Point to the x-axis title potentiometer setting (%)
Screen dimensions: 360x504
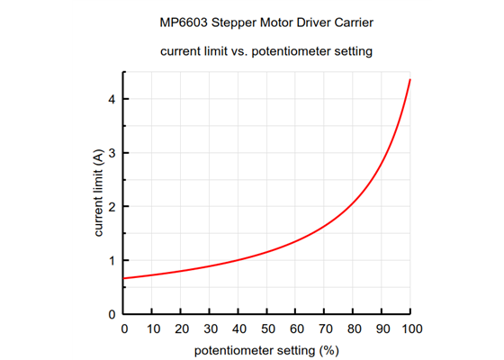pos(267,349)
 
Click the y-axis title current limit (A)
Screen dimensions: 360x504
pos(98,193)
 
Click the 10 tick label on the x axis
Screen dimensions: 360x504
pos(153,328)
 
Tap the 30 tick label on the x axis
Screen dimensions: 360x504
pos(211,328)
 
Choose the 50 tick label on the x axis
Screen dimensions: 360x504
pos(267,328)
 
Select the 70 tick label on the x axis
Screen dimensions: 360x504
pos(325,328)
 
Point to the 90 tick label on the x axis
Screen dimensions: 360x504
pos(382,328)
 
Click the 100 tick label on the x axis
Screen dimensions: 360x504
pos(410,328)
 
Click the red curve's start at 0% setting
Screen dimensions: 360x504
pos(125,278)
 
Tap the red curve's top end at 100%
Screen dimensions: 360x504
pos(410,80)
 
